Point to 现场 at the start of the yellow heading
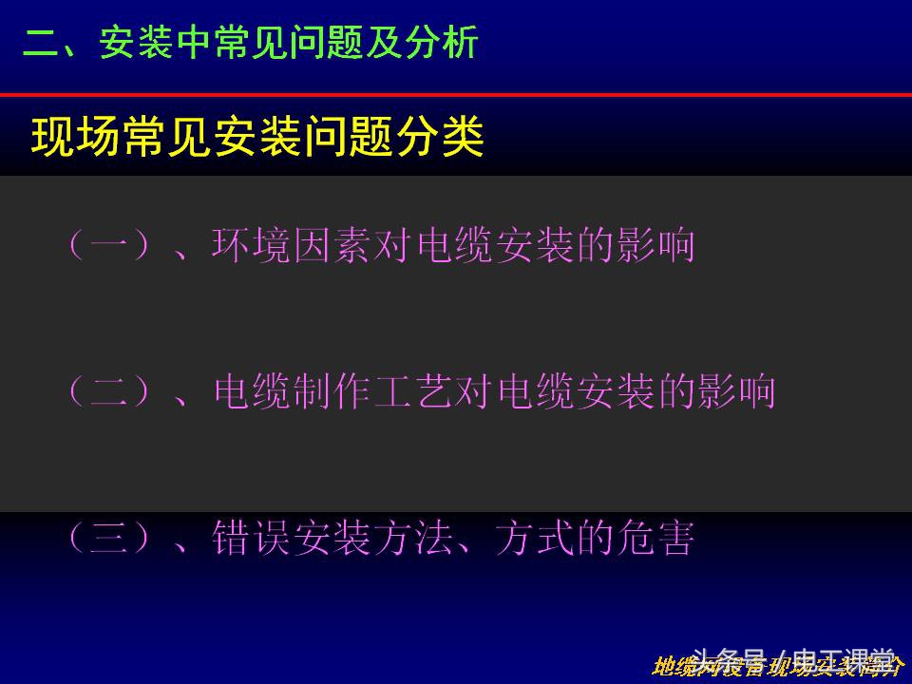click(x=76, y=139)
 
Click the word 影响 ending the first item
click(x=661, y=245)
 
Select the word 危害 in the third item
click(x=661, y=539)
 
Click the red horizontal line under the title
click(x=456, y=95)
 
